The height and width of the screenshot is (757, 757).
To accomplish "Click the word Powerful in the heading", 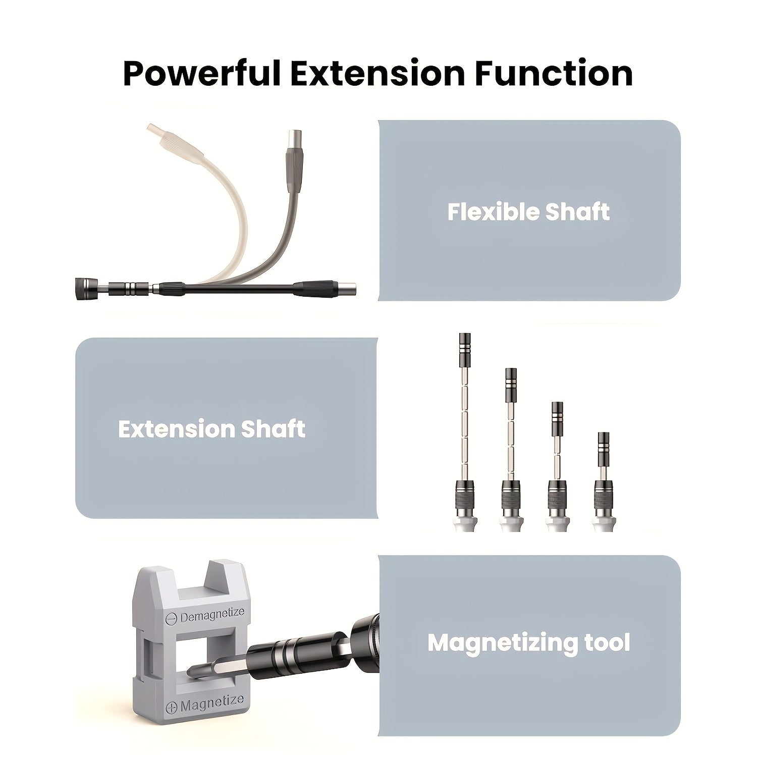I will [202, 74].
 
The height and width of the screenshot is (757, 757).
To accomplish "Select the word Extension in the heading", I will [377, 74].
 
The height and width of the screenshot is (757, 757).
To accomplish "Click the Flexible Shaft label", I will [528, 212].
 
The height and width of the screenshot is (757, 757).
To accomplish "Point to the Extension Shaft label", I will [211, 429].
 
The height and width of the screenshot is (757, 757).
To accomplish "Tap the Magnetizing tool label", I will [528, 643].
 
